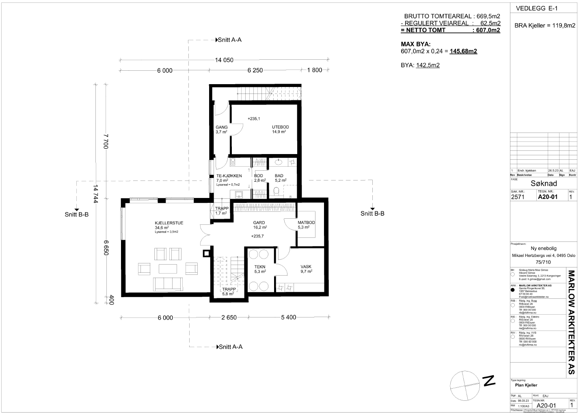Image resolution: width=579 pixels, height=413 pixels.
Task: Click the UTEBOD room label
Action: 280,127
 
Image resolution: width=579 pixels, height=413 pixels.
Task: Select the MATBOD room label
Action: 306,223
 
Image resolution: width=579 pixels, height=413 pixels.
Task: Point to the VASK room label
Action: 306,267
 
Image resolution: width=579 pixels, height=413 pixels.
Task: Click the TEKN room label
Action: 260,267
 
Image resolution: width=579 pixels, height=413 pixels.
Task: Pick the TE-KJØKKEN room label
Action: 229,176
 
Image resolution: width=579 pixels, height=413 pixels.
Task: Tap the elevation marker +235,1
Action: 253,119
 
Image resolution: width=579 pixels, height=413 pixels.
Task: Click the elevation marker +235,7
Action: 258,236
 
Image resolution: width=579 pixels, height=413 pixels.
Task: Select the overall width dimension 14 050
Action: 224,60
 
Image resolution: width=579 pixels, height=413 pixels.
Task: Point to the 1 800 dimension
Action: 314,70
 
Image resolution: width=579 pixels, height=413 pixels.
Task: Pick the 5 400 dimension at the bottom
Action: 288,317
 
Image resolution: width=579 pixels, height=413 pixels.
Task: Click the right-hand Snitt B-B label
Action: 372,213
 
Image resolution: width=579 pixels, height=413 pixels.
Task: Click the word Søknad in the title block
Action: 544,183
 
